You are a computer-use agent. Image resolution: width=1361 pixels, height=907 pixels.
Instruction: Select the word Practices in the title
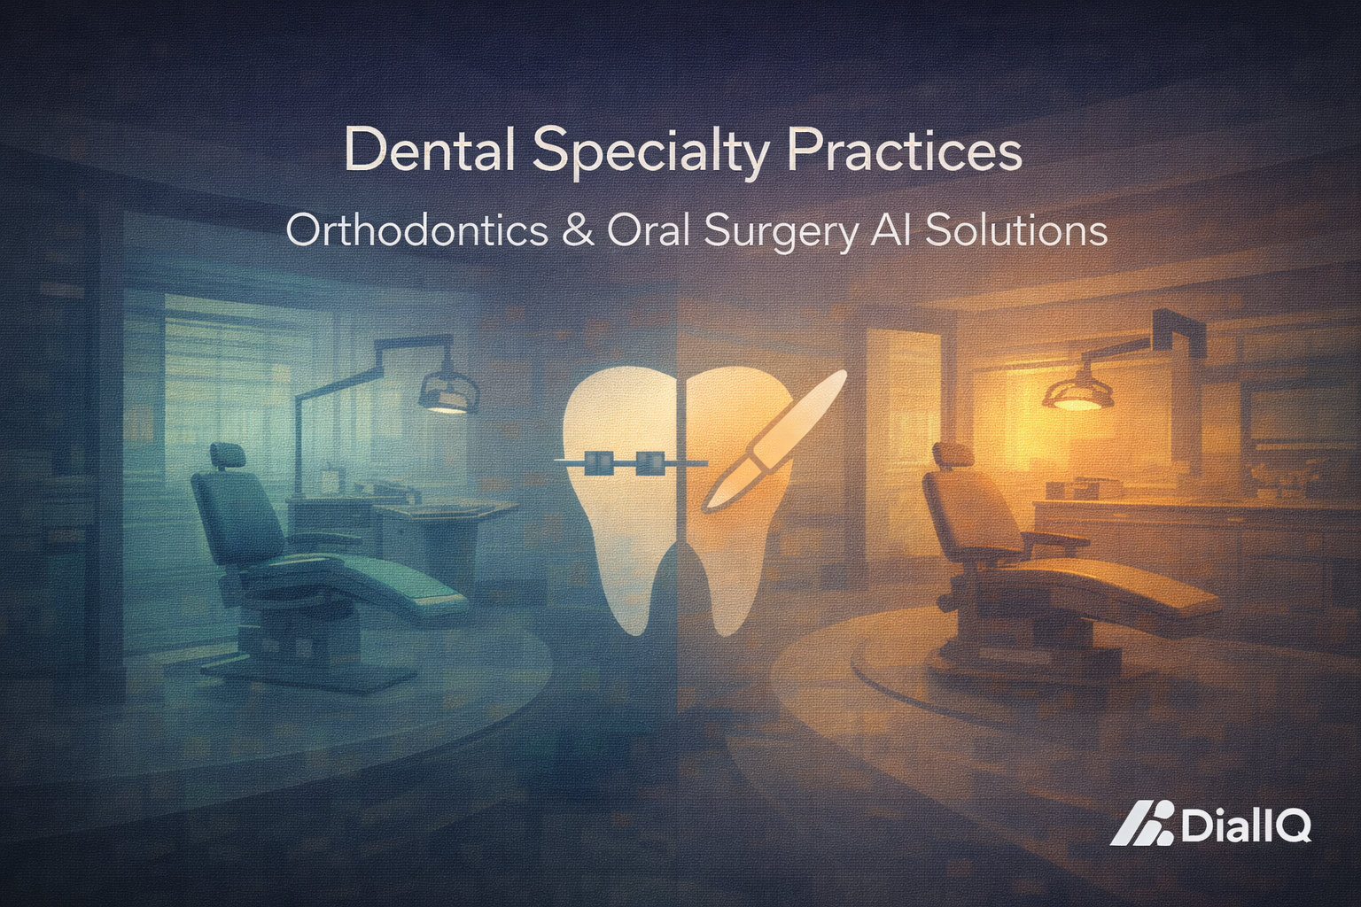point(904,151)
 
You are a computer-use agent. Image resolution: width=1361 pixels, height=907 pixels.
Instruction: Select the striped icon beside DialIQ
point(1143,824)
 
